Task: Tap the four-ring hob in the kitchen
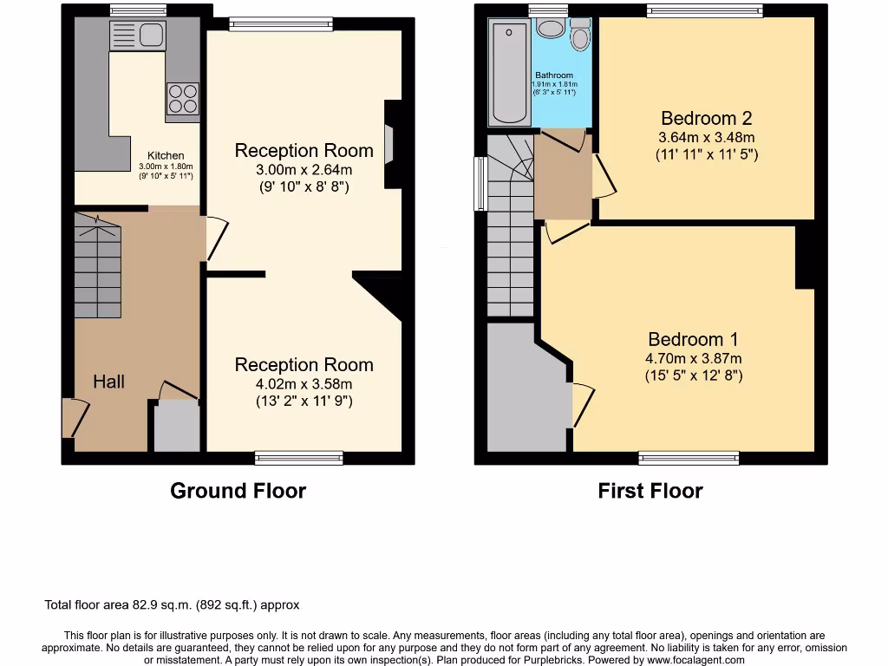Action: tap(182, 98)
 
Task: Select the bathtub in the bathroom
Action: tap(509, 74)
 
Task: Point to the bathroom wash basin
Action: tap(550, 29)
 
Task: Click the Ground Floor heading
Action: tap(238, 491)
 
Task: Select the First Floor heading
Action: tap(650, 491)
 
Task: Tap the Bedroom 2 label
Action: tap(706, 119)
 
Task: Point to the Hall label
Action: tap(109, 382)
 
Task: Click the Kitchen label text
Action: tap(166, 156)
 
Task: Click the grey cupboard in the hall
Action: tap(176, 427)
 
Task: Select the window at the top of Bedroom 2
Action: tap(704, 11)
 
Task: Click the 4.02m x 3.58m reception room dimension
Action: tap(304, 384)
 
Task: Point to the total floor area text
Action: tap(172, 605)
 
